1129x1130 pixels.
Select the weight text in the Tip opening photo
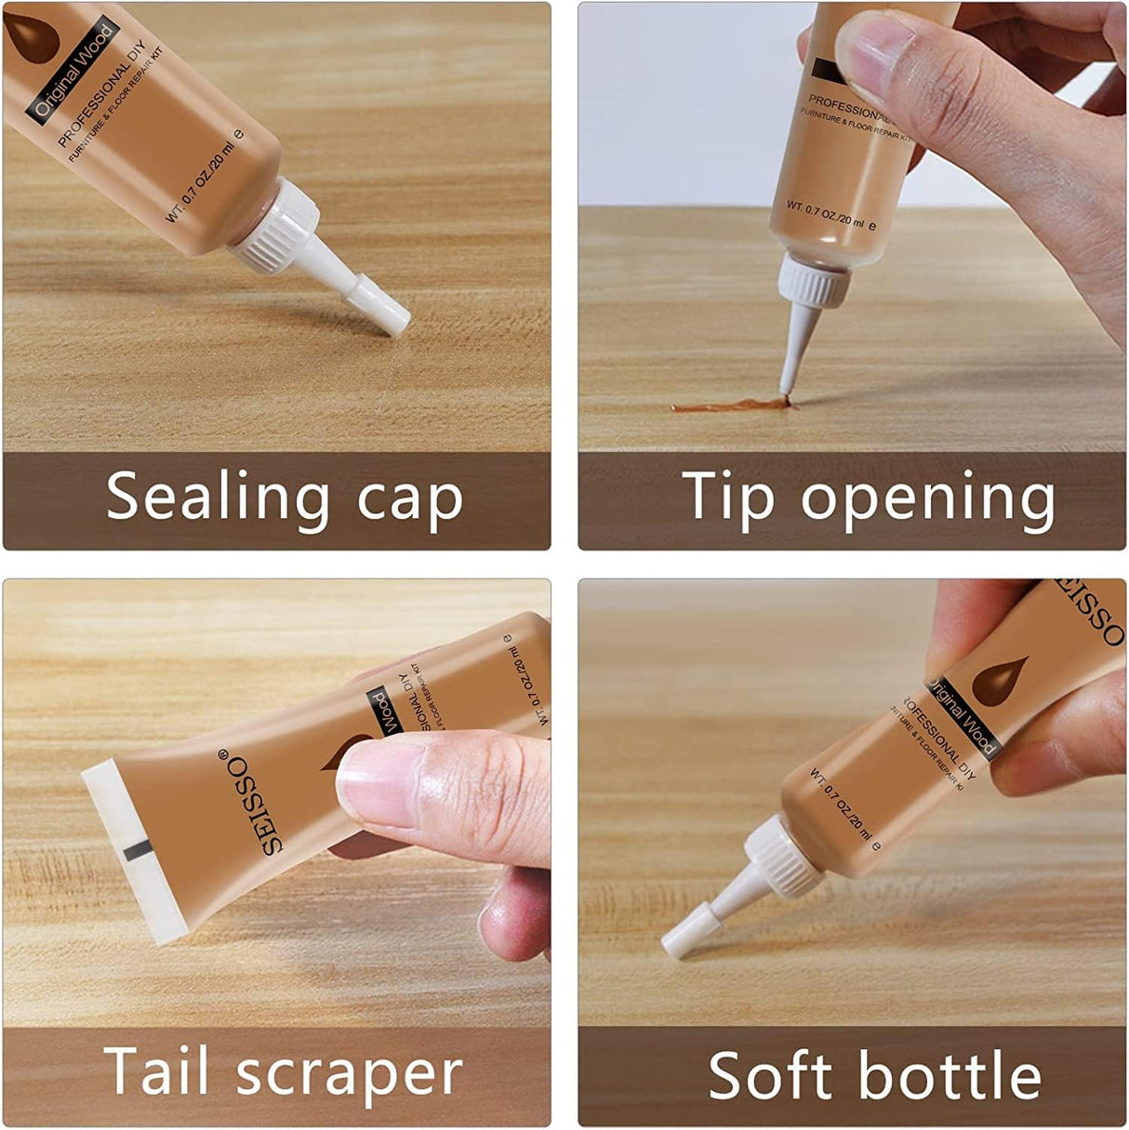click(826, 216)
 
